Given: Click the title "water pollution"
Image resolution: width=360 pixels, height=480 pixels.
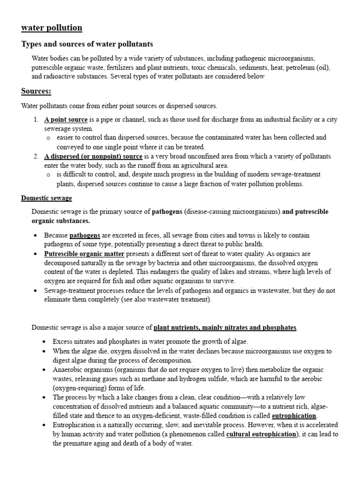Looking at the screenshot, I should coord(52,28).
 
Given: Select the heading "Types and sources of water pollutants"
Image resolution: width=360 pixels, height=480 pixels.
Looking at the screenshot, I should coord(87,44).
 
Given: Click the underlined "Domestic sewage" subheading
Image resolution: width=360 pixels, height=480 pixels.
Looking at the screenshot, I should coord(46,198).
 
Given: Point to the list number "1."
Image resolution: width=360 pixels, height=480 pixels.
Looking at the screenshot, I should coord(36,120).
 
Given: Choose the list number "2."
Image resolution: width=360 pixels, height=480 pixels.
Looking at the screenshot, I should coord(36,156).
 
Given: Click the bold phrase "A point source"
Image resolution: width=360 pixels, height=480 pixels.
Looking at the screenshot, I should coord(66,120).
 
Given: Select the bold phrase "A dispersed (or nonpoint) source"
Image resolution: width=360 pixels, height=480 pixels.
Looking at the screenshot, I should coord(93,156).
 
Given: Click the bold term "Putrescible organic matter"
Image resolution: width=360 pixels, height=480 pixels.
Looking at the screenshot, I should coord(84,254).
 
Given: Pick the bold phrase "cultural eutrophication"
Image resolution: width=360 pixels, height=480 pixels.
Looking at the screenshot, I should coord(262,434).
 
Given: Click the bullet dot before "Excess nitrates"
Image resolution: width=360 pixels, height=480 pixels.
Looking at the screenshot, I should coord(43,342).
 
